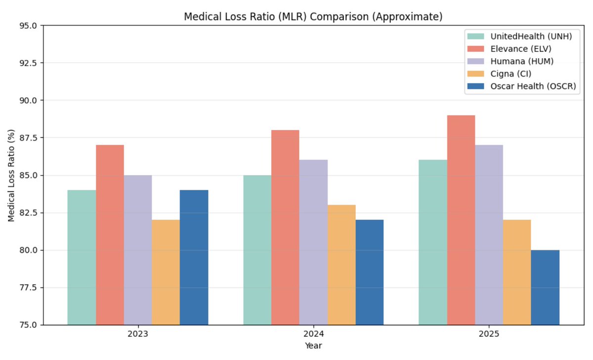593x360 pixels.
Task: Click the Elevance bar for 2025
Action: pos(461,220)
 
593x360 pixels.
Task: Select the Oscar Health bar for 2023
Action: pos(194,257)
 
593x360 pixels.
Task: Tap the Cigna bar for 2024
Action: pos(341,265)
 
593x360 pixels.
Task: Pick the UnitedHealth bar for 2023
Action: pos(82,257)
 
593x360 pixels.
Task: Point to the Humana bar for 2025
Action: pos(489,235)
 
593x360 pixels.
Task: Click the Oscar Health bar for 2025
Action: pos(545,287)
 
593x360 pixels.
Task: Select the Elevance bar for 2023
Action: pos(110,235)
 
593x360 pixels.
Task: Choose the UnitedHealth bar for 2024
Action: pos(257,250)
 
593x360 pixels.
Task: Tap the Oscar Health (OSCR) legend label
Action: pos(533,86)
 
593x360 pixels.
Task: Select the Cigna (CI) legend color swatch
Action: pos(476,74)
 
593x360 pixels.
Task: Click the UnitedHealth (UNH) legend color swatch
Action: pos(476,37)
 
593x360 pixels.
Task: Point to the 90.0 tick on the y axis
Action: pos(28,100)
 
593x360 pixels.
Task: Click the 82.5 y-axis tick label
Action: pos(28,213)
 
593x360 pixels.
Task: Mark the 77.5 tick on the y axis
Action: pos(28,287)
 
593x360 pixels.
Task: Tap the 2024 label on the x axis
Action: pos(313,334)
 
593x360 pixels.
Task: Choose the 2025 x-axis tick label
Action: pos(489,334)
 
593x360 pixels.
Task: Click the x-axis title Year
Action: pos(313,346)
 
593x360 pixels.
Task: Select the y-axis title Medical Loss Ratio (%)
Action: pos(11,175)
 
